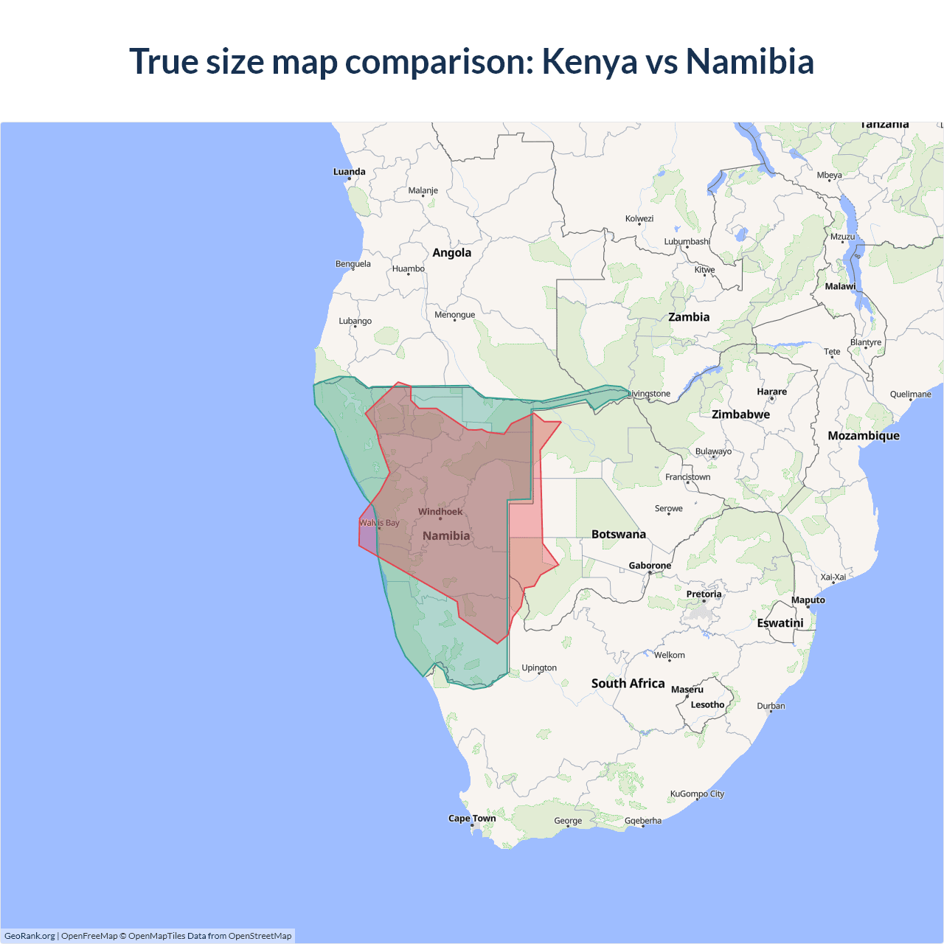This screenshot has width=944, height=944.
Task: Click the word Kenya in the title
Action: (x=589, y=61)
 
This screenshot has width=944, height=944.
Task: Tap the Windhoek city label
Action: (x=440, y=512)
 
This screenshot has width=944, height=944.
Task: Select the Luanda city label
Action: (x=349, y=172)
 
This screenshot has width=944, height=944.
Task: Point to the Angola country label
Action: (x=451, y=253)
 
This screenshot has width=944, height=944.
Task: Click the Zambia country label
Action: (x=689, y=317)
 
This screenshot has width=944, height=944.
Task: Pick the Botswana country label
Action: (x=618, y=534)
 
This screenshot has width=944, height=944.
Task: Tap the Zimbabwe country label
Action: (x=740, y=414)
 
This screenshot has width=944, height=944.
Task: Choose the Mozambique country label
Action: (x=863, y=436)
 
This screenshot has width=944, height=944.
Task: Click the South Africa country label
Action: (x=628, y=684)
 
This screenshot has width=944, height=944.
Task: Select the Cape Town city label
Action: (x=472, y=819)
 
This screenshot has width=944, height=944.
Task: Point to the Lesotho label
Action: (x=707, y=705)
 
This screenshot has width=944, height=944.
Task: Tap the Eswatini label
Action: (x=780, y=623)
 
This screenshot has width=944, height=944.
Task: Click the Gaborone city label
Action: (x=650, y=566)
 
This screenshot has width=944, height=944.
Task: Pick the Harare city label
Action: (x=771, y=392)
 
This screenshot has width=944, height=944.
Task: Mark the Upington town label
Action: (x=539, y=668)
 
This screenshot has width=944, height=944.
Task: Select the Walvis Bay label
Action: (x=379, y=523)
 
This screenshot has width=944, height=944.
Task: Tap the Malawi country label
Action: (x=840, y=286)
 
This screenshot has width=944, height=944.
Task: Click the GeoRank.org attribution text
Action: (x=29, y=936)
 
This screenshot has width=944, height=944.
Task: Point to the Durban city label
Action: (x=771, y=706)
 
